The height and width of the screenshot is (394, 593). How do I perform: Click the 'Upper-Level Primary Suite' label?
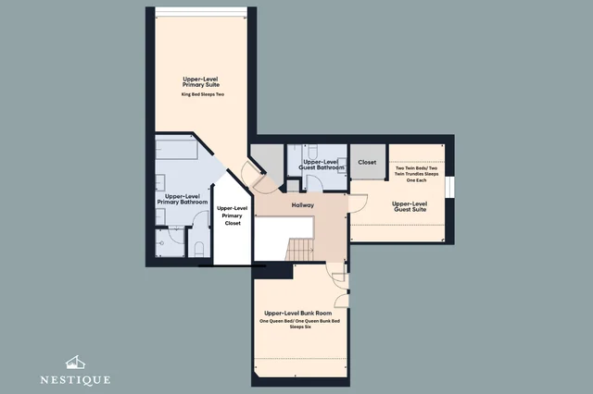pyautogui.click(x=201, y=82)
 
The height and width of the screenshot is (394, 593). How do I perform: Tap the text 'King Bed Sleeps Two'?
pyautogui.click(x=203, y=94)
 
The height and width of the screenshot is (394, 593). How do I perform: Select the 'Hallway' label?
pyautogui.click(x=303, y=205)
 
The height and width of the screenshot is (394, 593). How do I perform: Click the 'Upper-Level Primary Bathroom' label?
pyautogui.click(x=183, y=199)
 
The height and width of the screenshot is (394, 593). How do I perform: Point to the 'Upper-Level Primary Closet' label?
pyautogui.click(x=233, y=215)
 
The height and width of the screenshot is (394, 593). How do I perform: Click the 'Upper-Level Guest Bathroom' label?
pyautogui.click(x=322, y=165)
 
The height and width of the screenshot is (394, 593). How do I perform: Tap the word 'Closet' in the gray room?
pyautogui.click(x=367, y=162)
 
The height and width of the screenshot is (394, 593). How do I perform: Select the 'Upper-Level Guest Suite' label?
pyautogui.click(x=410, y=206)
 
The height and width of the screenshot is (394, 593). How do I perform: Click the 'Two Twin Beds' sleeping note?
pyautogui.click(x=416, y=174)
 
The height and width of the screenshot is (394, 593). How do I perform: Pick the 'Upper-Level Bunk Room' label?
pyautogui.click(x=298, y=314)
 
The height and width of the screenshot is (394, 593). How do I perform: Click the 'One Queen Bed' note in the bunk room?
pyautogui.click(x=299, y=324)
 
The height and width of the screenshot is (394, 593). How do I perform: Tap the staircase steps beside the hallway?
pyautogui.click(x=299, y=249)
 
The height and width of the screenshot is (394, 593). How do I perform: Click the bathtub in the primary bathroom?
pyautogui.click(x=177, y=149)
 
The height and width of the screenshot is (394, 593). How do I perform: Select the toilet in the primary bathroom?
pyautogui.click(x=199, y=250)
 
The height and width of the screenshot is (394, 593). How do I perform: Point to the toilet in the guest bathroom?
pyautogui.click(x=312, y=152)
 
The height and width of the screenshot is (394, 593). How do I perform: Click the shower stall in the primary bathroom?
pyautogui.click(x=170, y=243)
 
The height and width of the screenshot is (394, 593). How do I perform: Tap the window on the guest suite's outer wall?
pyautogui.click(x=449, y=187)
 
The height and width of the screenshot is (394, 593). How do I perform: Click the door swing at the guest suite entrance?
pyautogui.click(x=359, y=203)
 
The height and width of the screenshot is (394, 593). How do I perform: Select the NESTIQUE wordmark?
pyautogui.click(x=75, y=379)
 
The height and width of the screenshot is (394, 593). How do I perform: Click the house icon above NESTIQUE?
pyautogui.click(x=75, y=363)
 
